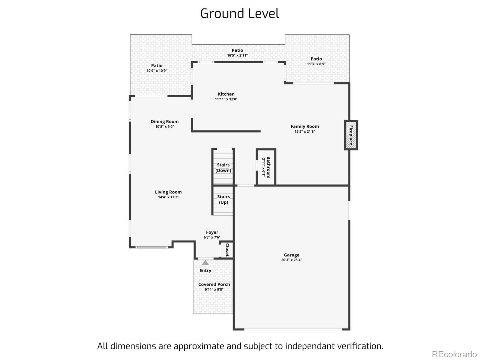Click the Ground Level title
(x=240, y=13)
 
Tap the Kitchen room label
(x=226, y=94)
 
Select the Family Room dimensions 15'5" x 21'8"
(x=304, y=131)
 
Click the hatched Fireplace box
(x=351, y=135)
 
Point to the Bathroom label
(x=268, y=167)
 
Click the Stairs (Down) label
(x=223, y=168)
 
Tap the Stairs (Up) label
(x=223, y=199)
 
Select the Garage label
(x=292, y=255)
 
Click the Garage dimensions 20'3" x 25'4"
(x=292, y=260)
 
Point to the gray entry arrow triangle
(x=205, y=262)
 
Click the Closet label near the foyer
(x=227, y=250)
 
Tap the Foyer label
(x=212, y=232)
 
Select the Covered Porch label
(x=214, y=284)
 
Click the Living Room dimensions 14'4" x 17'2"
(x=168, y=197)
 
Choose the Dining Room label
(x=164, y=121)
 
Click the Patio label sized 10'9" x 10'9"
(x=157, y=66)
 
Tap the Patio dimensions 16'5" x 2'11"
(x=237, y=55)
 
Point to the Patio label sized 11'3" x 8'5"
(x=316, y=59)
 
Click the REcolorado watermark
(x=454, y=354)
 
